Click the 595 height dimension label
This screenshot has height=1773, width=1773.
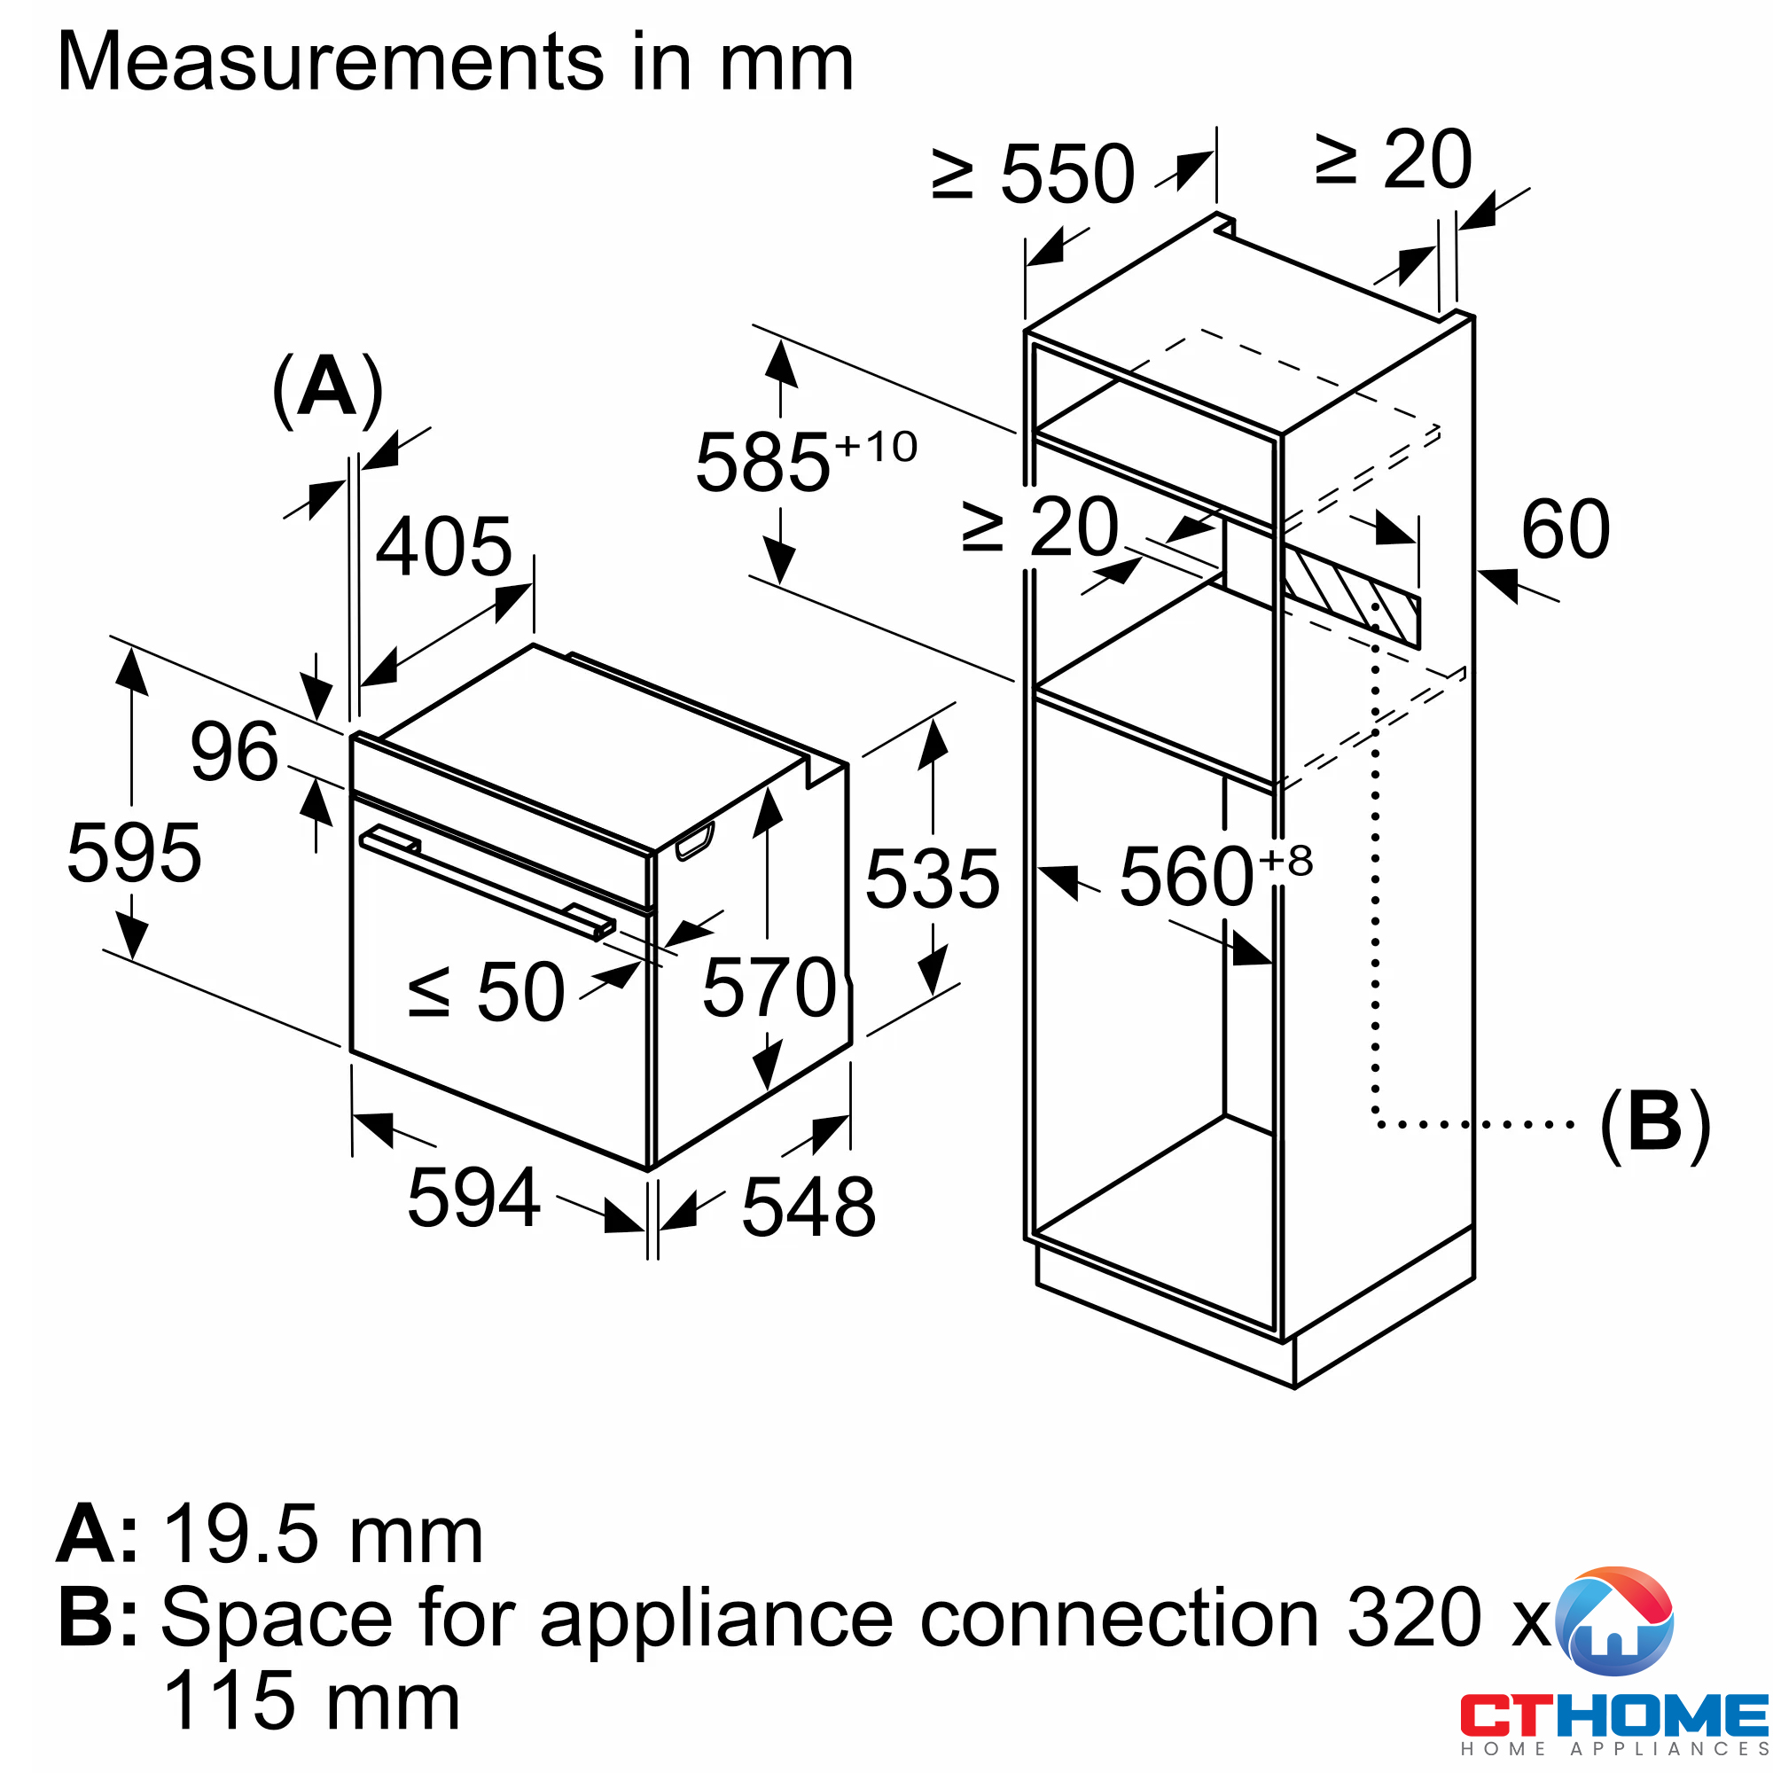[134, 855]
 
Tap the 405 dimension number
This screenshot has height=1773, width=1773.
[443, 547]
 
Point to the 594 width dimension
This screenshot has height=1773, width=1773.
[473, 1198]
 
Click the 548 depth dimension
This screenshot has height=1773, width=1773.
[808, 1207]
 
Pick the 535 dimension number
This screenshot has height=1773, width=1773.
[933, 880]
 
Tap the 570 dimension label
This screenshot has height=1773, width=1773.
[769, 988]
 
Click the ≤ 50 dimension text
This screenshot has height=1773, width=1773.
[487, 993]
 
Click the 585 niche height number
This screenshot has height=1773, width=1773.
[762, 464]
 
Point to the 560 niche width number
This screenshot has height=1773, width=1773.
[1187, 879]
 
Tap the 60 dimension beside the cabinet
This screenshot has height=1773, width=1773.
[1566, 529]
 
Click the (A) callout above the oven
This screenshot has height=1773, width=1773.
[328, 389]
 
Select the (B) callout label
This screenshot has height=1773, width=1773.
[1654, 1125]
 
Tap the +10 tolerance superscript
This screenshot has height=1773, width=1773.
[876, 448]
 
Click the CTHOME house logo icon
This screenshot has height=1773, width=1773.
[1615, 1622]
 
